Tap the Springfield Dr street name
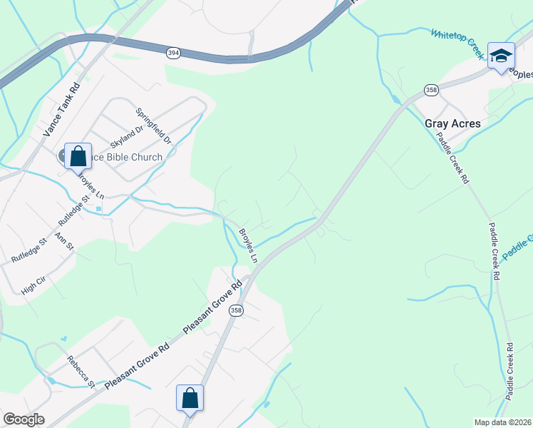pos(154,126)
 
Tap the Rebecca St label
pos(81,371)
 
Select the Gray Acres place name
pos(452,123)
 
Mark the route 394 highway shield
pos(173,53)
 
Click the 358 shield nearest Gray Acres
pos(431,89)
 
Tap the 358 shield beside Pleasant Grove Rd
pos(237,311)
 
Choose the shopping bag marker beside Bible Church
pos(78,156)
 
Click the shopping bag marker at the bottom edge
pos(190,398)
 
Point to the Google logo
pos(24,419)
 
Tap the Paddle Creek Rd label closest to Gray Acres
pos(453,158)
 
